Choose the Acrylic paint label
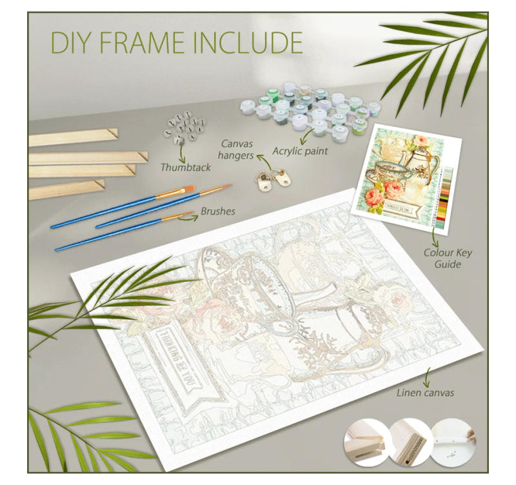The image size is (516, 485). coord(300,151)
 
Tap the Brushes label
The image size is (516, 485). coord(217,211)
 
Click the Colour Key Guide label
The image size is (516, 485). coord(448,258)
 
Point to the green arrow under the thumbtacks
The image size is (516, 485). coord(182,152)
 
